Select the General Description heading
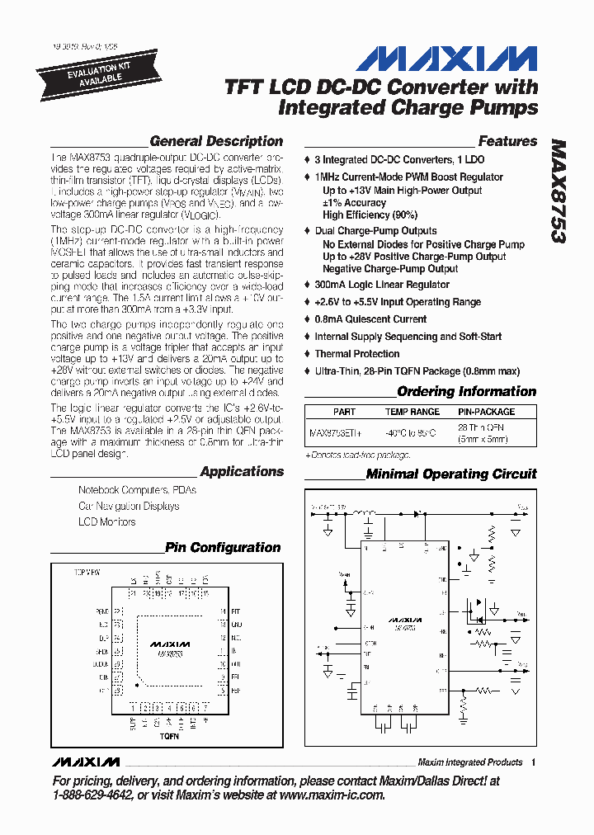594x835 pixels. tap(216, 141)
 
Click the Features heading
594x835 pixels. tap(507, 141)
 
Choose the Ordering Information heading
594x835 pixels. tap(466, 391)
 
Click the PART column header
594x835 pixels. tap(344, 412)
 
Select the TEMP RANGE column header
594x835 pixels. tap(412, 412)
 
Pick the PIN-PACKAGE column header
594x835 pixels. tap(486, 412)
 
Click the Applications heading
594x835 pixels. tap(242, 471)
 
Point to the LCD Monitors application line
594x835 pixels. tap(106, 521)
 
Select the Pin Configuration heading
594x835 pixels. tap(223, 547)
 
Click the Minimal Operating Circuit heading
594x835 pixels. tap(450, 474)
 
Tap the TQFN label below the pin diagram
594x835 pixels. tap(168, 735)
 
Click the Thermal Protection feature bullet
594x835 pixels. tap(356, 354)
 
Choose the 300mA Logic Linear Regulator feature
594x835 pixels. tap(381, 285)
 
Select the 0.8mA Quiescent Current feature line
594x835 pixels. tap(370, 319)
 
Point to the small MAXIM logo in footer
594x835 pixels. tap(85, 762)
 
